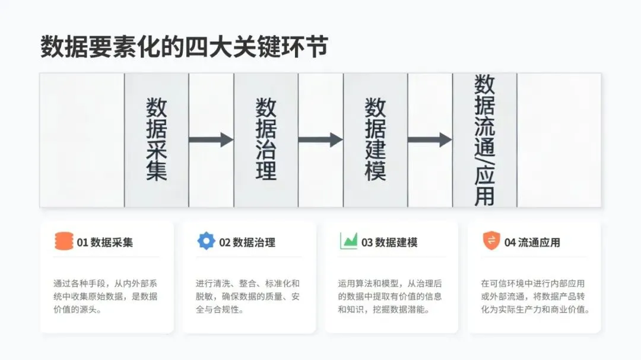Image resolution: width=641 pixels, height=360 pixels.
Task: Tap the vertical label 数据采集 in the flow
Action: tap(157, 140)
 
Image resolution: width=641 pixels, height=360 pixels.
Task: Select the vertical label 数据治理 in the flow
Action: tap(266, 140)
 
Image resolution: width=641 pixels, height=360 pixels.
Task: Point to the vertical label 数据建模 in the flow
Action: tap(375, 140)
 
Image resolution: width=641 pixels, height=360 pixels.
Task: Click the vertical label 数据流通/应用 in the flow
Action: tap(485, 140)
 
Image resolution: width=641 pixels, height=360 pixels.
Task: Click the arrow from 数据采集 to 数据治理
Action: tap(211, 140)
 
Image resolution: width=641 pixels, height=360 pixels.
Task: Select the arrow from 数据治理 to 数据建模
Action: tap(320, 140)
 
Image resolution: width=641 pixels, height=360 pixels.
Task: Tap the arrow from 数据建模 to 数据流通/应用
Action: tap(430, 140)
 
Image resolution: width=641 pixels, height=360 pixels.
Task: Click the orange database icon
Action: tap(64, 241)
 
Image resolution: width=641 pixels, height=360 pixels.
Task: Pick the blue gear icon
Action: tap(206, 241)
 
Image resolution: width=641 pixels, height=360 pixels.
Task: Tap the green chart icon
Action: tap(348, 241)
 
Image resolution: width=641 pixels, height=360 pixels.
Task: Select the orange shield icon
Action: tap(491, 241)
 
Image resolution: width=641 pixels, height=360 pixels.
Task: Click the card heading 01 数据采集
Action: tap(105, 242)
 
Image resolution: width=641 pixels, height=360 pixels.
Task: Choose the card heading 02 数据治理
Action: tap(247, 242)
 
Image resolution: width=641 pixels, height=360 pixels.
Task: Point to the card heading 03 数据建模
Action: tap(390, 242)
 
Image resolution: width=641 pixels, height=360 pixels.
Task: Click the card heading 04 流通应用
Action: tap(532, 242)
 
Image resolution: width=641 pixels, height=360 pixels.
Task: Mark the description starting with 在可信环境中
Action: tap(534, 297)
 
